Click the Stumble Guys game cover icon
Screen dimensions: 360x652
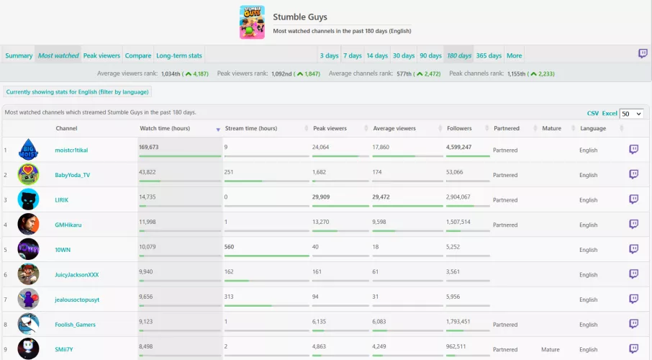click(252, 22)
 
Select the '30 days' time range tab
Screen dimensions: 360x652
click(403, 55)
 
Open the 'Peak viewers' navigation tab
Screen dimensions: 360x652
click(101, 55)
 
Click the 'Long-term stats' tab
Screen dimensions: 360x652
click(179, 55)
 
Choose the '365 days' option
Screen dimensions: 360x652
click(489, 55)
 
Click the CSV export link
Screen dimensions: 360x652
click(592, 113)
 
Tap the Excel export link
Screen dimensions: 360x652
click(610, 113)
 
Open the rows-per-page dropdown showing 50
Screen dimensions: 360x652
click(630, 114)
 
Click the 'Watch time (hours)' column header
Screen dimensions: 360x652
click(165, 128)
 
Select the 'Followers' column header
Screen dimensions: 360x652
click(459, 128)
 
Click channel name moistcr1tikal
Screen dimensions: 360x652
click(71, 150)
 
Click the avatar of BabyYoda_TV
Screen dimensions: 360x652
click(28, 174)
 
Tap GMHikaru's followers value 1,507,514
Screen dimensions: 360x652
click(458, 222)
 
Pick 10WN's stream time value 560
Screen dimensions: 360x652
click(230, 246)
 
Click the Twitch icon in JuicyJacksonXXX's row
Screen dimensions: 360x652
click(633, 274)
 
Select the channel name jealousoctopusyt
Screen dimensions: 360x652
click(76, 299)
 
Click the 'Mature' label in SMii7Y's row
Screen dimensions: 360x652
click(550, 349)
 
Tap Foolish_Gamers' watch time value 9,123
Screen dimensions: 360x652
click(149, 321)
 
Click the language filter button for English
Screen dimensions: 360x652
click(78, 91)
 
